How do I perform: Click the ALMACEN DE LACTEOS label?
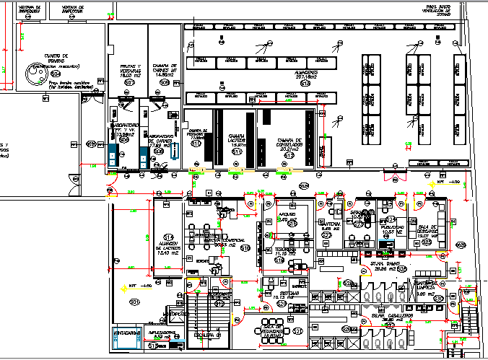pyautogui.click(x=169, y=247)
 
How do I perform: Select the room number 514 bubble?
pyautogui.click(x=169, y=237)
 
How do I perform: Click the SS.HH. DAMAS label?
pyautogui.click(x=380, y=266)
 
